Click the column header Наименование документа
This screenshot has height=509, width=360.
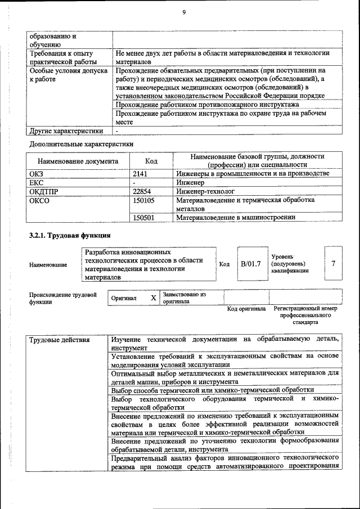click(78, 161)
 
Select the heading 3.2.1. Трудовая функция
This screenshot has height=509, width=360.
click(70, 235)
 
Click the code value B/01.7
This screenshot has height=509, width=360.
click(250, 263)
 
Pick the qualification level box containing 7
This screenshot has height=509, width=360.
click(334, 263)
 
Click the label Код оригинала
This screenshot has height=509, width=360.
click(246, 309)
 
